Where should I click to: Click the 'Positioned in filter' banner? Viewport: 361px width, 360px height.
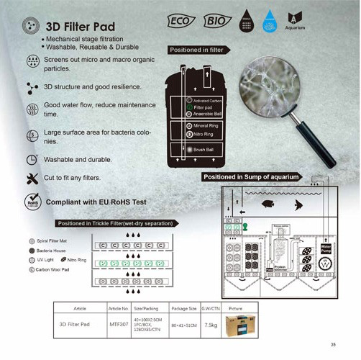pyautogui.click(x=194, y=50)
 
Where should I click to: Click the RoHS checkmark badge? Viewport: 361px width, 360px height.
pyautogui.click(x=31, y=201)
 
